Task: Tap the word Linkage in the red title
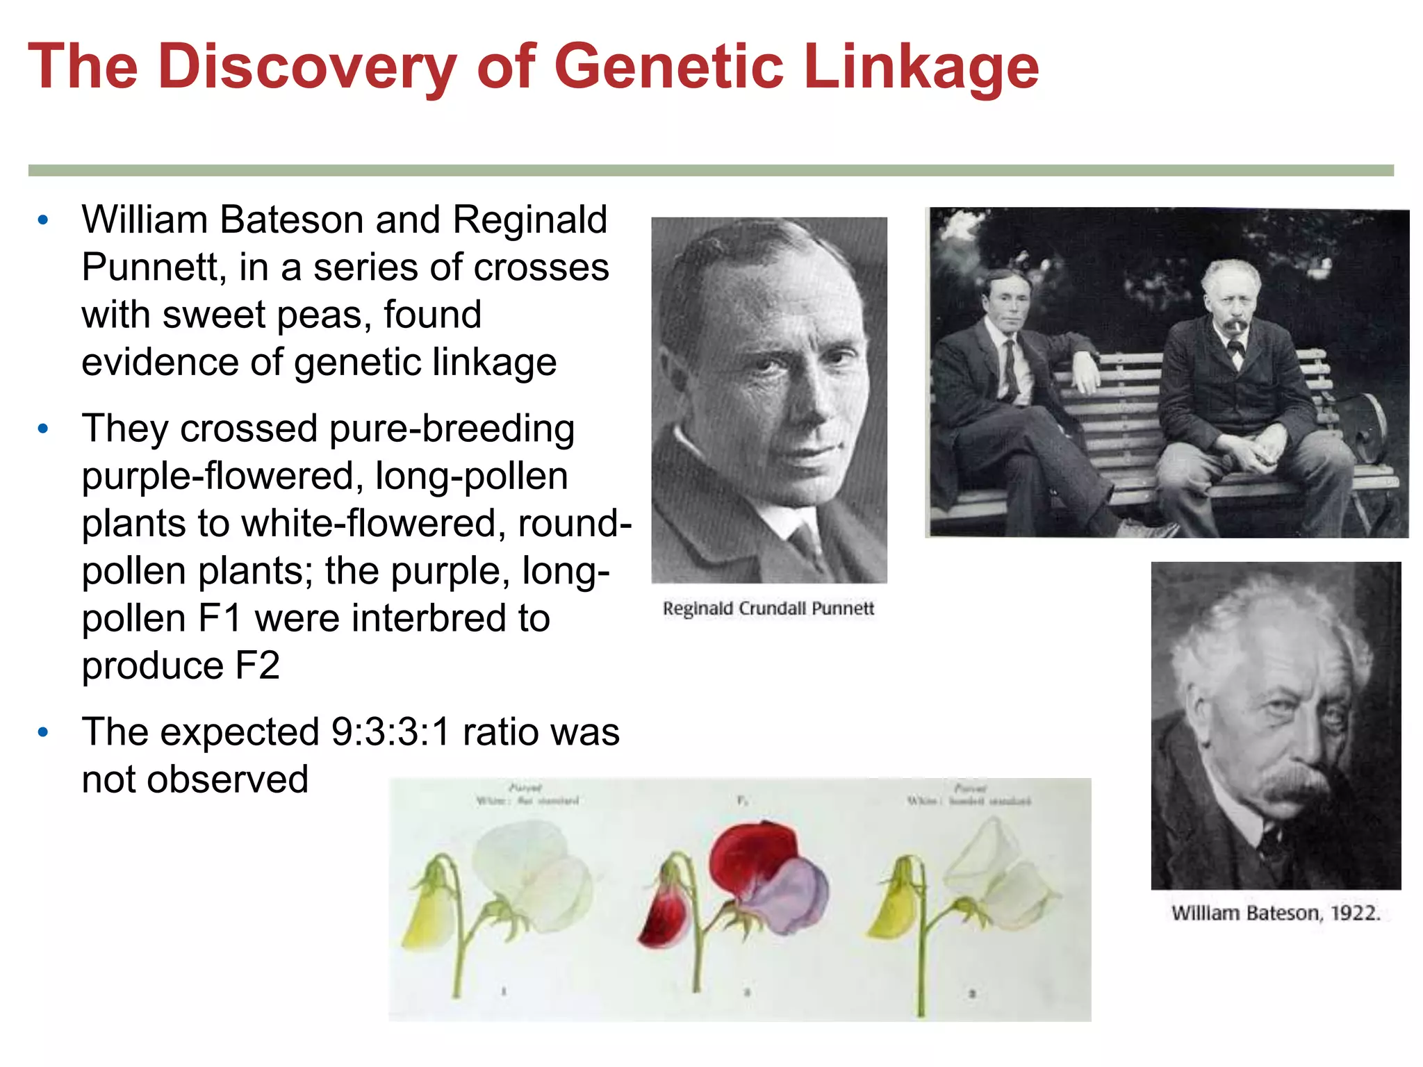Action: click(x=921, y=68)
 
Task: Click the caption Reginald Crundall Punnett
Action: click(x=768, y=609)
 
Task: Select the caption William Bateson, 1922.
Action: click(x=1276, y=913)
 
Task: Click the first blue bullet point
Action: click(x=43, y=221)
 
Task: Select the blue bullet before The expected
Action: click(x=43, y=732)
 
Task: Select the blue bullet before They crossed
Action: click(x=43, y=429)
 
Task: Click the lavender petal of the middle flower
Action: click(x=792, y=896)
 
